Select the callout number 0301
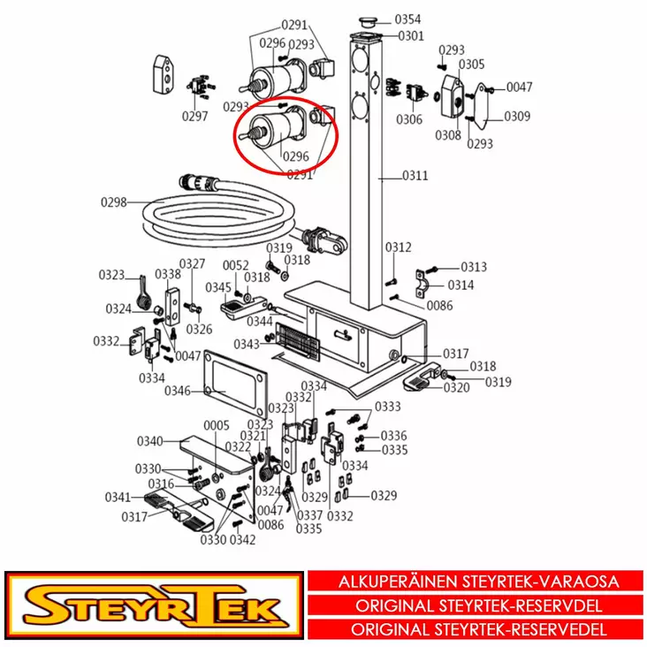click(x=410, y=36)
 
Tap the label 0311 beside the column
click(x=415, y=176)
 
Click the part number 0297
click(x=195, y=116)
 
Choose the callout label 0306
click(x=409, y=119)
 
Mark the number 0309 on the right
click(x=517, y=116)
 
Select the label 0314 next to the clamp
click(x=461, y=285)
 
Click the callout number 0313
click(x=474, y=267)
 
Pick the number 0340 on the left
click(x=149, y=441)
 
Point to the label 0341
click(x=118, y=496)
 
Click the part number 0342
click(x=242, y=540)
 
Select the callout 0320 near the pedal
click(x=457, y=387)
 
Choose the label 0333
click(x=388, y=407)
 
